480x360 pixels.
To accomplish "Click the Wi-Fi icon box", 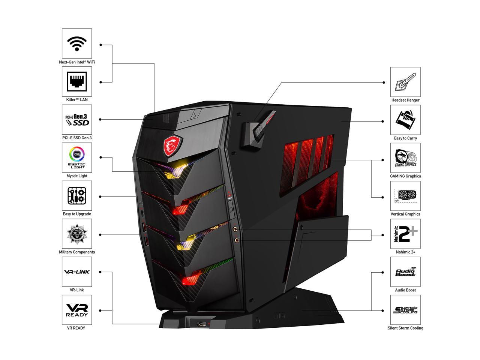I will [77, 43].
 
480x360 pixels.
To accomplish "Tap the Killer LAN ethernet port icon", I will [77, 82].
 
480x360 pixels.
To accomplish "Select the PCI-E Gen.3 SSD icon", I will [77, 120].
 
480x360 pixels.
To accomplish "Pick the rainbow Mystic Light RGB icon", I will [77, 158].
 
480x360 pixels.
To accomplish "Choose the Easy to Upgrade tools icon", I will [77, 196].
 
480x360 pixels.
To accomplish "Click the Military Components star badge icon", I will [77, 234].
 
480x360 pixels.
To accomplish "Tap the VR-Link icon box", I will [77, 272].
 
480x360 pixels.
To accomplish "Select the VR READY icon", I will [77, 310].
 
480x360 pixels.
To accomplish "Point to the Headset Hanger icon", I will [405, 82].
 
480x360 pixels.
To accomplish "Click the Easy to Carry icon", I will [405, 120].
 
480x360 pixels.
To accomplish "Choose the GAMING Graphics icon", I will [405, 158].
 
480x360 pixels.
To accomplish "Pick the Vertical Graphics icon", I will [405, 196].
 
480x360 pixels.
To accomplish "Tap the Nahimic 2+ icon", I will [405, 234].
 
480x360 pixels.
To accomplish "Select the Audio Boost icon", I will [405, 272].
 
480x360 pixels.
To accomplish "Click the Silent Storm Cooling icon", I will [405, 310].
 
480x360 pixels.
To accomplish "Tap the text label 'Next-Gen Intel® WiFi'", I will [77, 62].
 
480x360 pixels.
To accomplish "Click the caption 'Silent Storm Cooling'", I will [405, 328].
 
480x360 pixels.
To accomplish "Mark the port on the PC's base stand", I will [201, 323].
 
